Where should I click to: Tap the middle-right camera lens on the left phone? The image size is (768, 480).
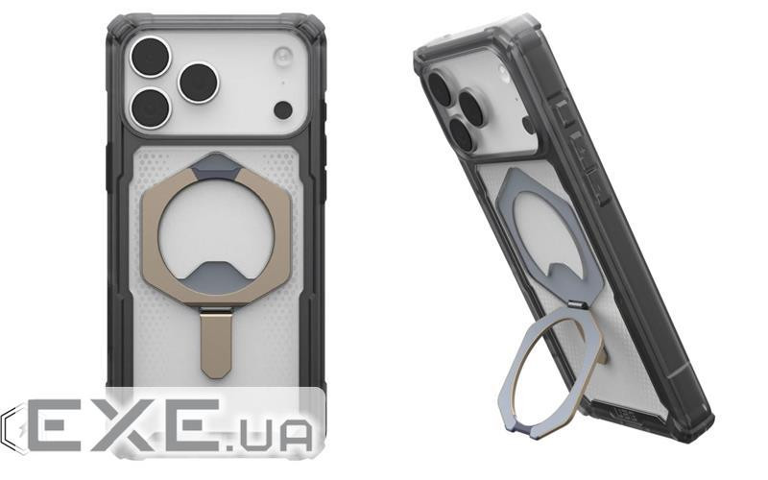coord(199,83)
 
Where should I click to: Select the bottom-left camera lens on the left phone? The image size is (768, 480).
coord(149,108)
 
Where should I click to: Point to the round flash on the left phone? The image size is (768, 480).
coord(281,55)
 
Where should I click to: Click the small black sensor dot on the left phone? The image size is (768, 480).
coord(281,109)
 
